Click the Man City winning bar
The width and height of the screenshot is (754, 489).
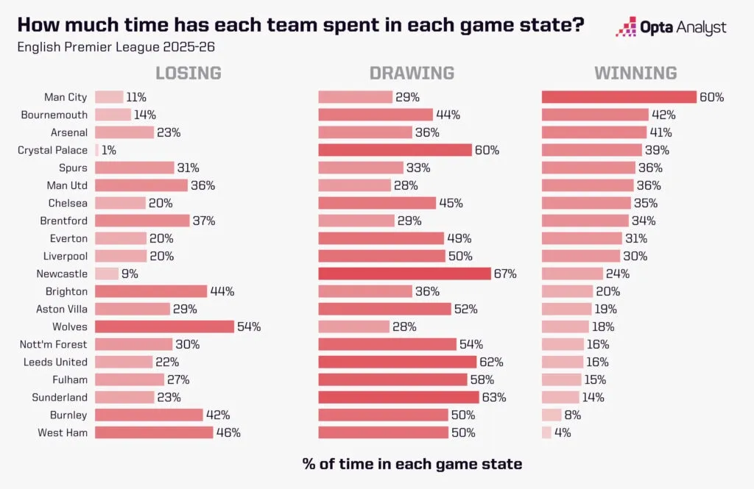(x=619, y=97)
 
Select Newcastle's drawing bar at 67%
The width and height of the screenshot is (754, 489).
(x=404, y=274)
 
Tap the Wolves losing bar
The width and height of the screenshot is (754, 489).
(x=164, y=326)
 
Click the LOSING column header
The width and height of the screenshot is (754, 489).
(x=188, y=73)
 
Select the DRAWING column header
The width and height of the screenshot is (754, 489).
(x=412, y=73)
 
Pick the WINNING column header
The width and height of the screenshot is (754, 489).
(x=635, y=73)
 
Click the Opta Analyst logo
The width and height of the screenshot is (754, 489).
(x=671, y=28)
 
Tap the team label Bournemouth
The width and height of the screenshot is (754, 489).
(x=54, y=115)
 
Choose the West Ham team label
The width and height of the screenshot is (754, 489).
(x=63, y=432)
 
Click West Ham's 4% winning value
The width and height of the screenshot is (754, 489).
(x=563, y=432)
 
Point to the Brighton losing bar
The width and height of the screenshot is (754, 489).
(x=151, y=291)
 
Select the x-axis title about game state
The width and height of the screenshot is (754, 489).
(x=412, y=464)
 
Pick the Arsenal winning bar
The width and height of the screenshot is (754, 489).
(x=594, y=132)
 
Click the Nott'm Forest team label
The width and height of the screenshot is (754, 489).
(x=54, y=344)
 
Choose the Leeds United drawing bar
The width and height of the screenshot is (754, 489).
(x=398, y=362)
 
